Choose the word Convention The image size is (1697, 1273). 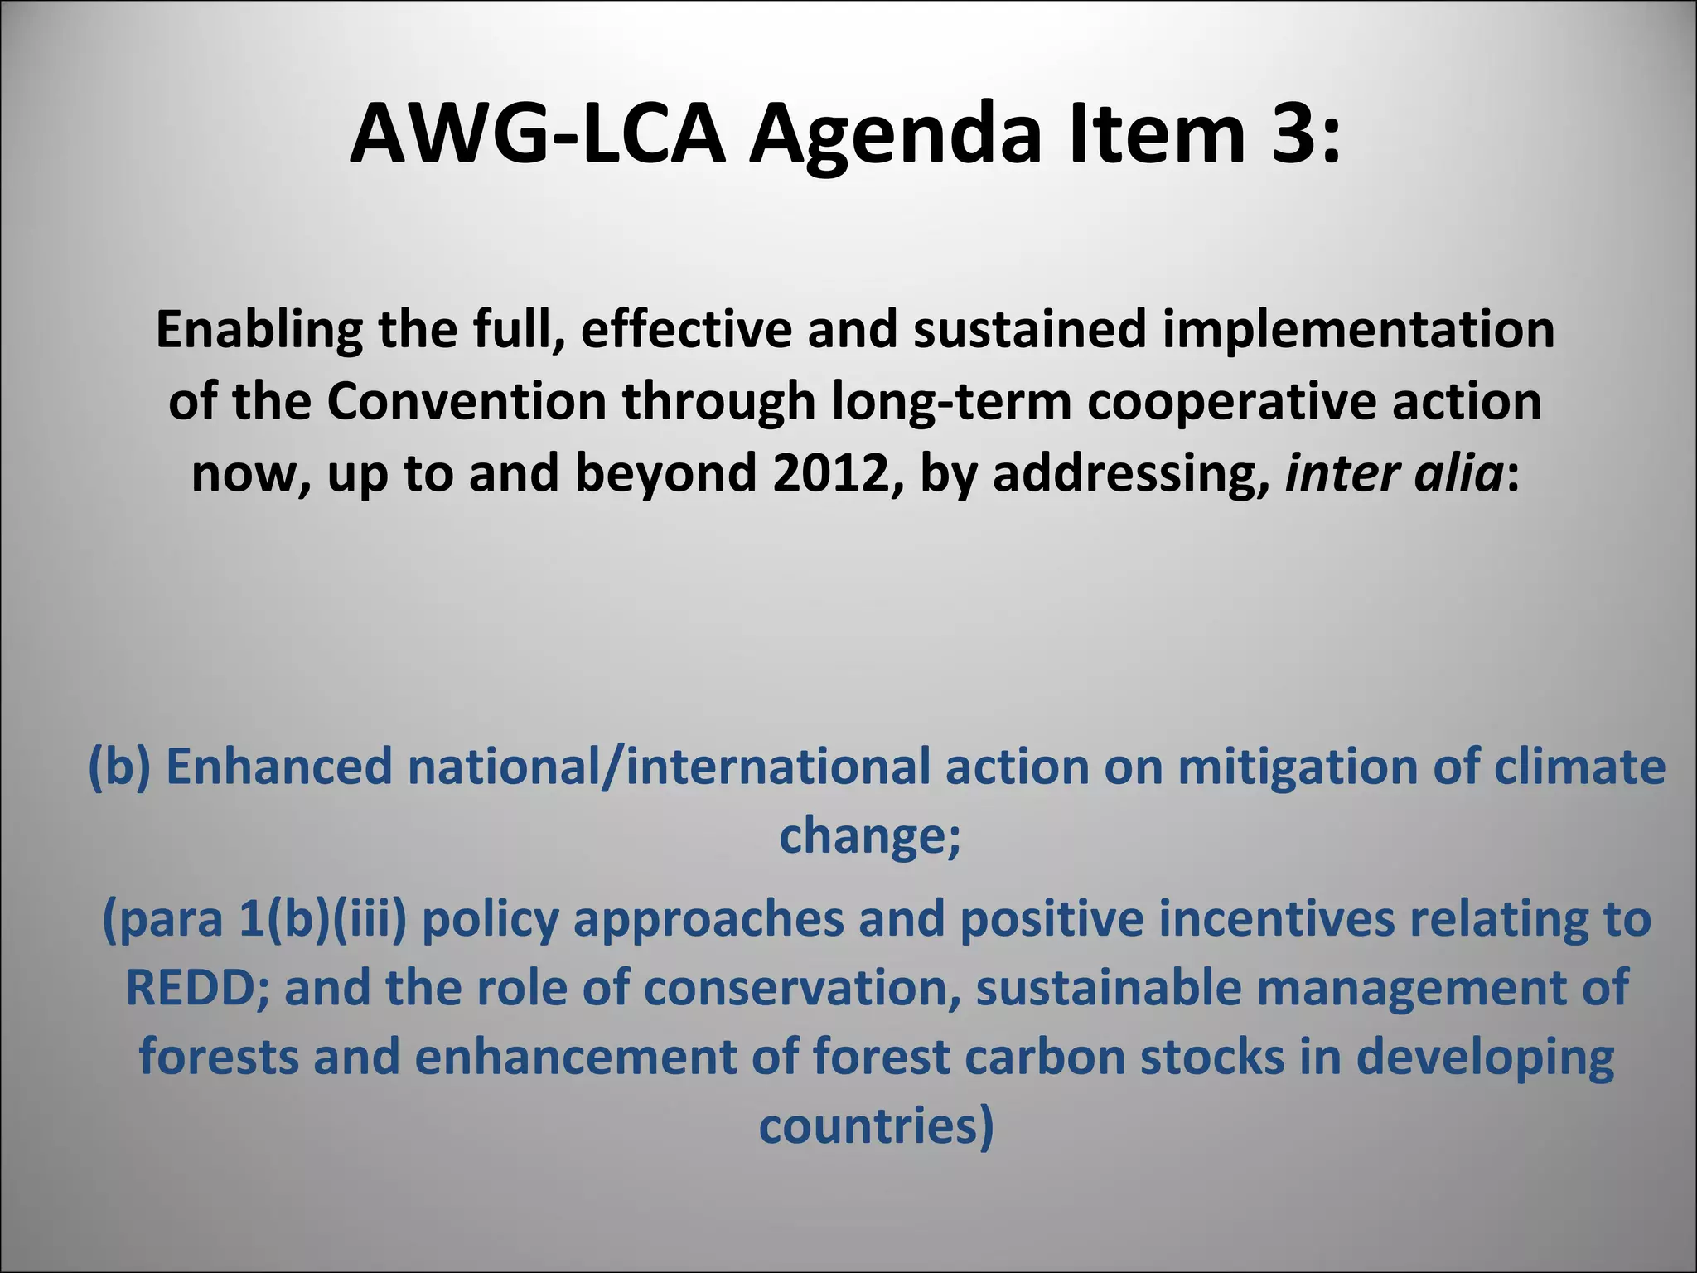click(x=467, y=401)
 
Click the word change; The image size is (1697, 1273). click(x=870, y=835)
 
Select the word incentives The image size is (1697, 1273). click(x=1277, y=920)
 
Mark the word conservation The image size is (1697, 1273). click(x=803, y=989)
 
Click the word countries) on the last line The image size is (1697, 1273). click(x=876, y=1126)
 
